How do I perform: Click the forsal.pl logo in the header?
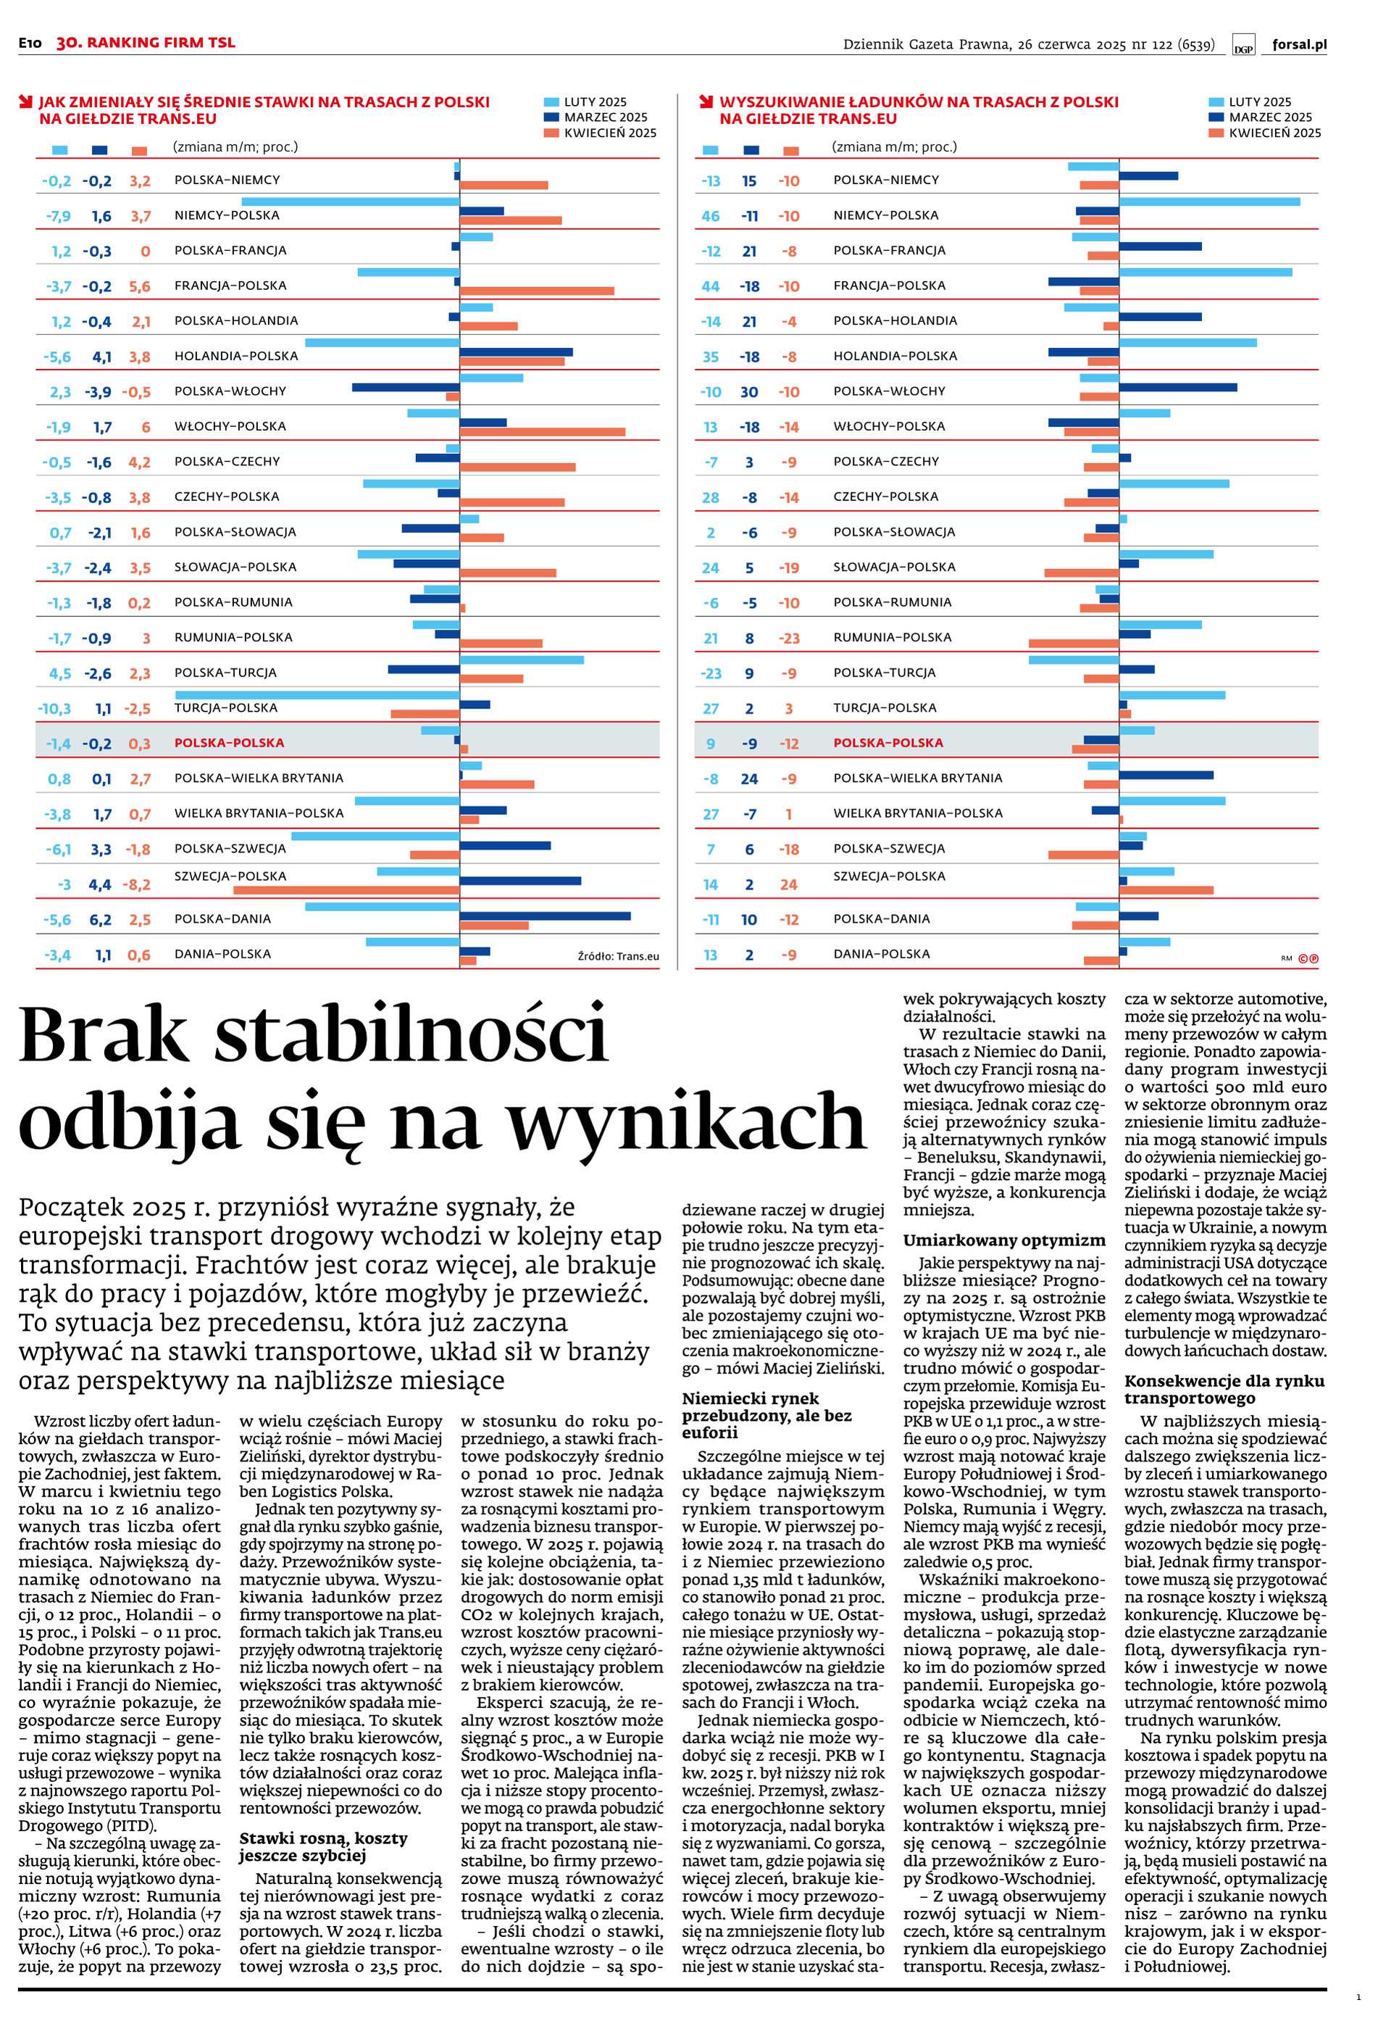[x=1298, y=43]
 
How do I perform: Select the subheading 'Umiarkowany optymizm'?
[x=1003, y=1240]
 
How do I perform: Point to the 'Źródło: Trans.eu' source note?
[x=618, y=956]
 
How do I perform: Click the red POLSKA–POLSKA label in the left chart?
[x=229, y=743]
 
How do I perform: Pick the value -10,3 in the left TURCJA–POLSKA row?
[x=54, y=709]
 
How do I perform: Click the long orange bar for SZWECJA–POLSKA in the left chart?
[x=346, y=890]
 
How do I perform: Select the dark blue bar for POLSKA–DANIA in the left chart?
[x=545, y=916]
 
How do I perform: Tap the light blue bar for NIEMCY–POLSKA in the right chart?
[x=1209, y=202]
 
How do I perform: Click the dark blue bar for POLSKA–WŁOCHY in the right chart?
[x=1177, y=387]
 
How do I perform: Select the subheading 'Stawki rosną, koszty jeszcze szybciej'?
[x=323, y=1846]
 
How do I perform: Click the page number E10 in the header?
[x=30, y=43]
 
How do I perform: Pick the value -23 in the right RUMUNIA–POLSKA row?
[x=789, y=638]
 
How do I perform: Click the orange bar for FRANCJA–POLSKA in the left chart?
[x=537, y=291]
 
